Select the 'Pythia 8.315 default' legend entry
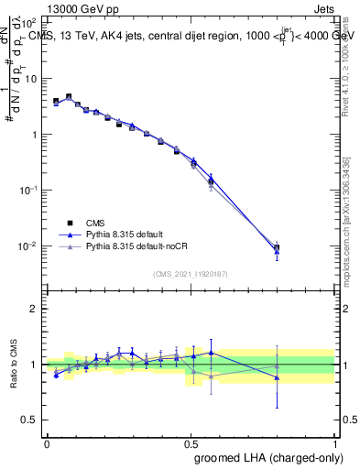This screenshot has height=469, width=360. pos(121,234)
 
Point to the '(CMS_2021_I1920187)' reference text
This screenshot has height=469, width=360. pos(191,274)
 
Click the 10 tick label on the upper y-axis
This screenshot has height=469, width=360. pos(31,79)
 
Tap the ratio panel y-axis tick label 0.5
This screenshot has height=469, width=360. pos(31,420)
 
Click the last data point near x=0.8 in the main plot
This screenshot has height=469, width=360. pos(277,247)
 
